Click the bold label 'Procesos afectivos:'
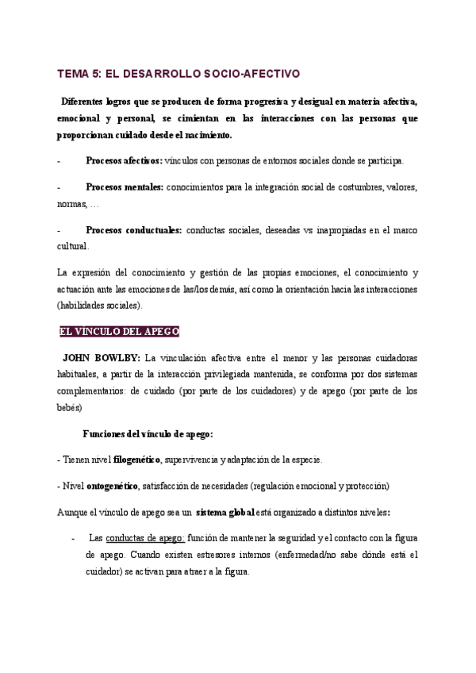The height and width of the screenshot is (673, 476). (x=123, y=160)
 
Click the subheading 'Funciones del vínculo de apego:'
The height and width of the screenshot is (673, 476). (x=148, y=434)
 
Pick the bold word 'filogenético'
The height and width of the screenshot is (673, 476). (x=135, y=460)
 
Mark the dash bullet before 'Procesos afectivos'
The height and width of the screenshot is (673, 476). (x=60, y=160)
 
